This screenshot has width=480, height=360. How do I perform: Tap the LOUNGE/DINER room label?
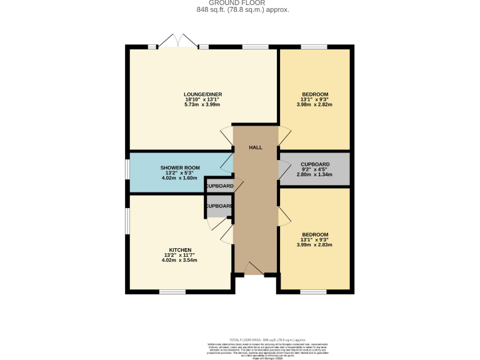pos(203,94)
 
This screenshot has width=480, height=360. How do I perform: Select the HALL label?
pos(255,147)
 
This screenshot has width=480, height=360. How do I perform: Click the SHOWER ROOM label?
pos(180,168)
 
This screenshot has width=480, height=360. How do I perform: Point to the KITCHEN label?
pos(180,249)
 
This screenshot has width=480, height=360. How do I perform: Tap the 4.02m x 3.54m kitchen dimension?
pos(180,259)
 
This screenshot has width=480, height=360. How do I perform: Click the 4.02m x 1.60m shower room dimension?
pos(180,178)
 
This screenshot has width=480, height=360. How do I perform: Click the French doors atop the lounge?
pos(179,42)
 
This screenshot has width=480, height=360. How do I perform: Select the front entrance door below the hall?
pos(254,269)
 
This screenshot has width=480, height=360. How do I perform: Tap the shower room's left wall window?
pos(127,172)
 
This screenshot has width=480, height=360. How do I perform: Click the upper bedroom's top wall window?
pos(313,46)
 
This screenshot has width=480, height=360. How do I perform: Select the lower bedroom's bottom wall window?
pos(313,291)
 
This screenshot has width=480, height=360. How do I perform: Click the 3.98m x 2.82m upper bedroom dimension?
pos(314,104)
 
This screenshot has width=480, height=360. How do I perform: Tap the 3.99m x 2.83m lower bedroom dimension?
pos(315,244)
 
